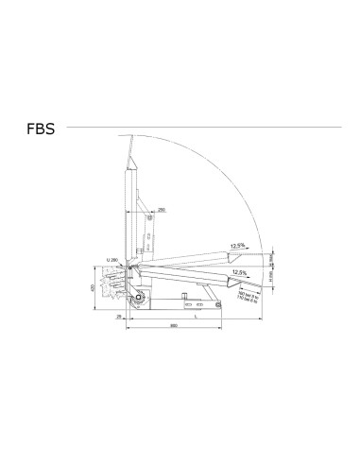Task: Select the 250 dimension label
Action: (163, 208)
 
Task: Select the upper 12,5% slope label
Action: (238, 249)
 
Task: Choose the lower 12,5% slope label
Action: (239, 272)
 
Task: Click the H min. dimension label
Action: (271, 278)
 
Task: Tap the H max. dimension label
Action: (271, 256)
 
